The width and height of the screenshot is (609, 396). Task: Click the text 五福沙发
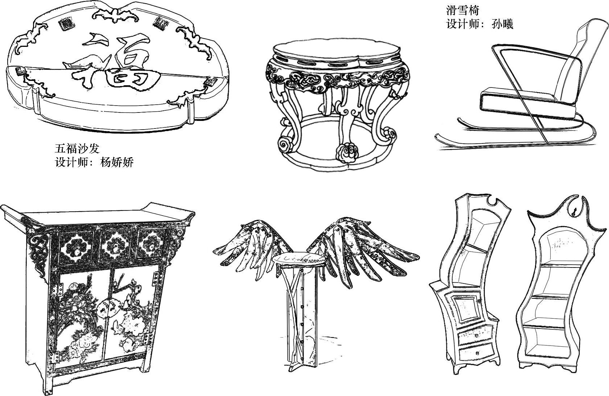[x=77, y=149]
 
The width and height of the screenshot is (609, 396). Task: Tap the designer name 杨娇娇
[x=117, y=162]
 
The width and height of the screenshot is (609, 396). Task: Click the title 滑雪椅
[x=462, y=11]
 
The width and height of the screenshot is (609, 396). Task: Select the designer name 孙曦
[x=502, y=24]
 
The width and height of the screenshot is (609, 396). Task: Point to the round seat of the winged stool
[x=299, y=260]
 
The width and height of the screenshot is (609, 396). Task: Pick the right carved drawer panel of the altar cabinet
[x=151, y=243]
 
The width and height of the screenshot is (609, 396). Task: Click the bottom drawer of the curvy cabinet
[x=476, y=353]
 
